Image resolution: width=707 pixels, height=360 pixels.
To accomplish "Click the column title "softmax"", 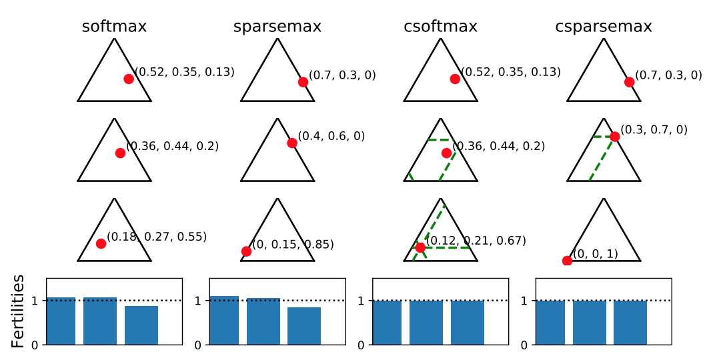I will pyautogui.click(x=114, y=27).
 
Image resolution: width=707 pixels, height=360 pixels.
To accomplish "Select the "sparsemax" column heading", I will pyautogui.click(x=277, y=27).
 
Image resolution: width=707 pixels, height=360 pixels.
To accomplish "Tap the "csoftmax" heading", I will pyautogui.click(x=440, y=27).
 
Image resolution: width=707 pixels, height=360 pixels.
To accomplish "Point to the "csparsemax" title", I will pyautogui.click(x=604, y=27).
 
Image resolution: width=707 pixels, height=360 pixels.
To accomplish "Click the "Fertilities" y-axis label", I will pyautogui.click(x=18, y=311).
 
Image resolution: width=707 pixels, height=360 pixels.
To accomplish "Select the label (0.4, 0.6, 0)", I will pyautogui.click(x=331, y=136).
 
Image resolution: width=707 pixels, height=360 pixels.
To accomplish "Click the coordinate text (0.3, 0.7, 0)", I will pyautogui.click(x=654, y=129).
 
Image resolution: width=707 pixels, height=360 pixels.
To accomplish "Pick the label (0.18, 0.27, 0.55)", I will pyautogui.click(x=157, y=237).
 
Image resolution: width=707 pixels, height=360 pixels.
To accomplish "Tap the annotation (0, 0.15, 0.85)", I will pyautogui.click(x=293, y=245).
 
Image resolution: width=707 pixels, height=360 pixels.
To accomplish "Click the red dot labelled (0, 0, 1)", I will pyautogui.click(x=567, y=261).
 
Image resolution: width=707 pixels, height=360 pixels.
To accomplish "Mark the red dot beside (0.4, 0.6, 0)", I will pyautogui.click(x=292, y=143).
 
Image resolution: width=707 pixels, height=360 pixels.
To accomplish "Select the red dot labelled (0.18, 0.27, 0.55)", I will pyautogui.click(x=101, y=243).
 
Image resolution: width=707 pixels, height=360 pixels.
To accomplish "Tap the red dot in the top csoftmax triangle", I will pyautogui.click(x=455, y=79).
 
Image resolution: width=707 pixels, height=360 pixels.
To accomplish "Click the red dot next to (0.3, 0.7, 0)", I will pyautogui.click(x=614, y=137).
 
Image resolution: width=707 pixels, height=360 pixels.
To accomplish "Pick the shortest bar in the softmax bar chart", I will pyautogui.click(x=141, y=325).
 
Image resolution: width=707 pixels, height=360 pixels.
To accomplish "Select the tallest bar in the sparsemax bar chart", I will pyautogui.click(x=224, y=320).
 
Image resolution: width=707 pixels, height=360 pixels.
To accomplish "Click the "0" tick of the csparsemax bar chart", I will pyautogui.click(x=524, y=345).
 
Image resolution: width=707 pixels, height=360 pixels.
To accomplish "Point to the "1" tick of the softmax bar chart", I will pyautogui.click(x=35, y=301).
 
